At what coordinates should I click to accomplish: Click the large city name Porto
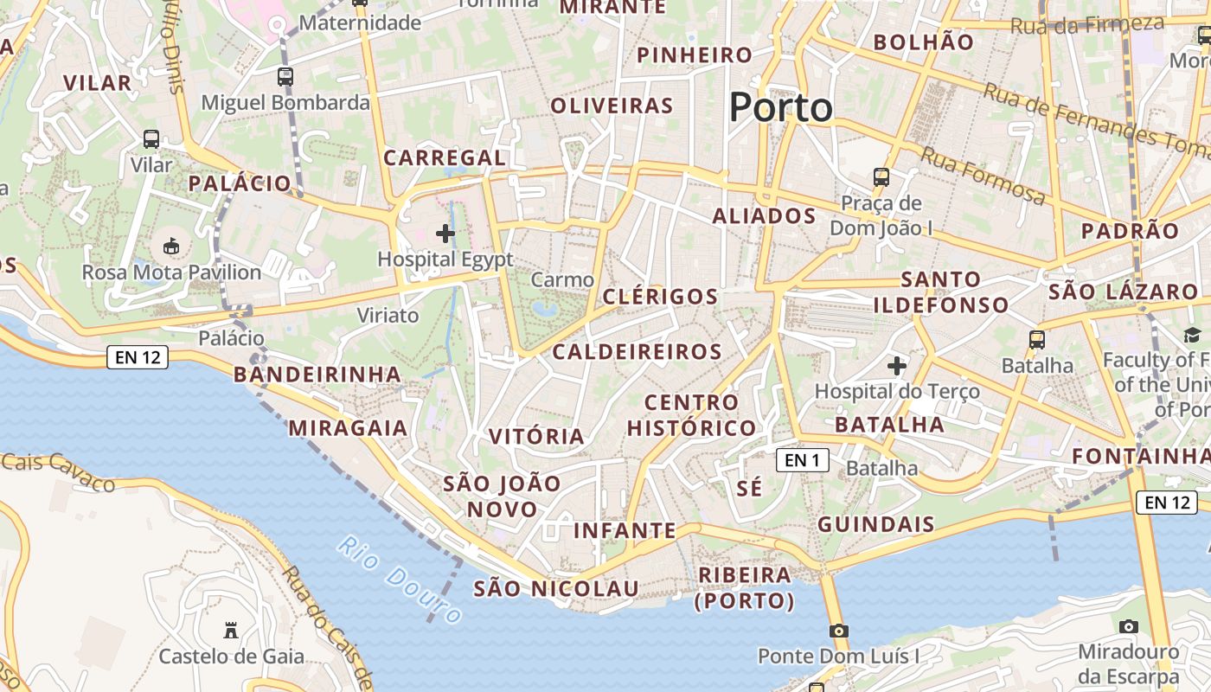click(x=780, y=107)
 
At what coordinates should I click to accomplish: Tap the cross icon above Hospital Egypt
click(x=445, y=233)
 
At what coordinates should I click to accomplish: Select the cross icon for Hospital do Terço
click(x=897, y=366)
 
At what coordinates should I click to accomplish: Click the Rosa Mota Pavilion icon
click(x=171, y=247)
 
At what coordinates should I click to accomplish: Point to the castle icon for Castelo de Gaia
click(x=231, y=630)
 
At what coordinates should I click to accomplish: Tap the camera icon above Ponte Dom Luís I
click(x=838, y=631)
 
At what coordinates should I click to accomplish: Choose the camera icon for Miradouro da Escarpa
click(x=1128, y=626)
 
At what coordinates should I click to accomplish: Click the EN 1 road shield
click(x=803, y=460)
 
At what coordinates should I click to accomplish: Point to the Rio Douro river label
click(x=400, y=579)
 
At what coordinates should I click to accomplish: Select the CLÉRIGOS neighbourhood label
click(x=660, y=297)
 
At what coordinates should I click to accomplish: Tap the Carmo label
click(x=562, y=279)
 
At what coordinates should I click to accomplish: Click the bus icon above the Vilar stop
click(x=151, y=138)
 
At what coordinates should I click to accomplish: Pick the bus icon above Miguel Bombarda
click(x=285, y=76)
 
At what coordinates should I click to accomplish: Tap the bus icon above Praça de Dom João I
click(x=881, y=176)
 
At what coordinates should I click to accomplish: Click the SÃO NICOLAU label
click(x=556, y=589)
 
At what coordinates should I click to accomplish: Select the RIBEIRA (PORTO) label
click(x=744, y=587)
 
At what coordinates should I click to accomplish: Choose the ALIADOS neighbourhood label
click(x=764, y=215)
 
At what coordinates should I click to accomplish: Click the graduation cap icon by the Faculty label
click(x=1193, y=335)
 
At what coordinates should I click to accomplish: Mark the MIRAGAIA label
click(x=348, y=427)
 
